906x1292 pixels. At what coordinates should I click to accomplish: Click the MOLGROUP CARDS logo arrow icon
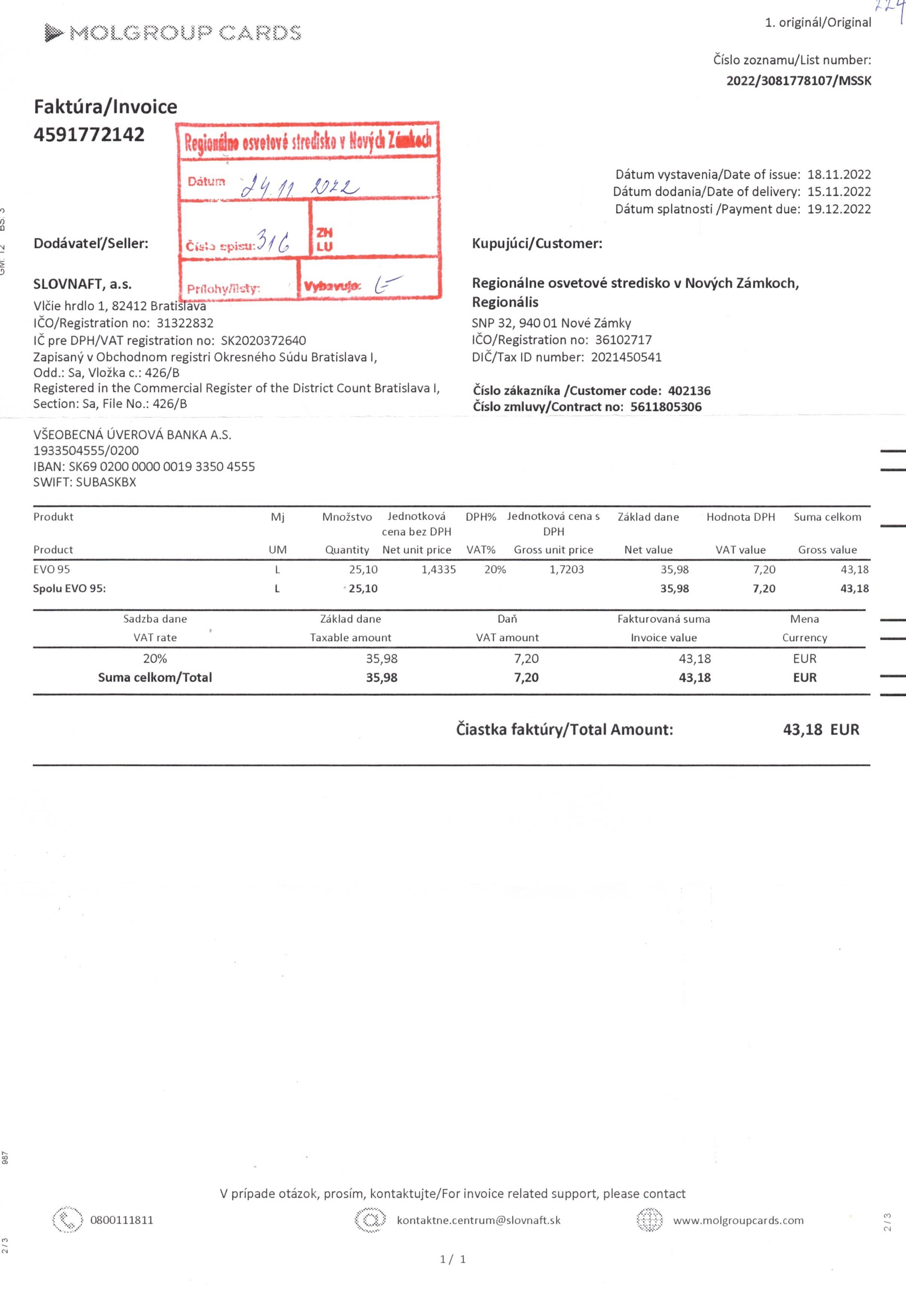coord(53,33)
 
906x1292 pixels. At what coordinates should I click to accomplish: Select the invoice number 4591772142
coord(89,135)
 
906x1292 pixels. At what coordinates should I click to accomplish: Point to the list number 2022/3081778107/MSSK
coord(798,80)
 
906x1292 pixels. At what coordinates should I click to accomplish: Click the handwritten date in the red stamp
coord(299,186)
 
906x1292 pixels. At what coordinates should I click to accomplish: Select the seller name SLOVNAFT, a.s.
coord(82,284)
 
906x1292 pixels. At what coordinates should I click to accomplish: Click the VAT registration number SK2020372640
coord(264,341)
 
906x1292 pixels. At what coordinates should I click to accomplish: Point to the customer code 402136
coord(689,391)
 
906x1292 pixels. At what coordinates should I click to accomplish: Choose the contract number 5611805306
coord(666,407)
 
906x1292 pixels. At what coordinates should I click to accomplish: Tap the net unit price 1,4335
coord(439,570)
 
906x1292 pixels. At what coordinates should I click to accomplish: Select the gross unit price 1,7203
coord(566,570)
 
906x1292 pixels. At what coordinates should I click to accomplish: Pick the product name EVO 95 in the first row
coord(52,570)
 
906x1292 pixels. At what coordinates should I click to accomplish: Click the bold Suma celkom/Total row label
coord(155,677)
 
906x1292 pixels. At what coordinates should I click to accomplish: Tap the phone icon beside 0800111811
coord(67,1220)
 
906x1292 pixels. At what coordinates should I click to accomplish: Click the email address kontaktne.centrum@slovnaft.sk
coord(479,1220)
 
